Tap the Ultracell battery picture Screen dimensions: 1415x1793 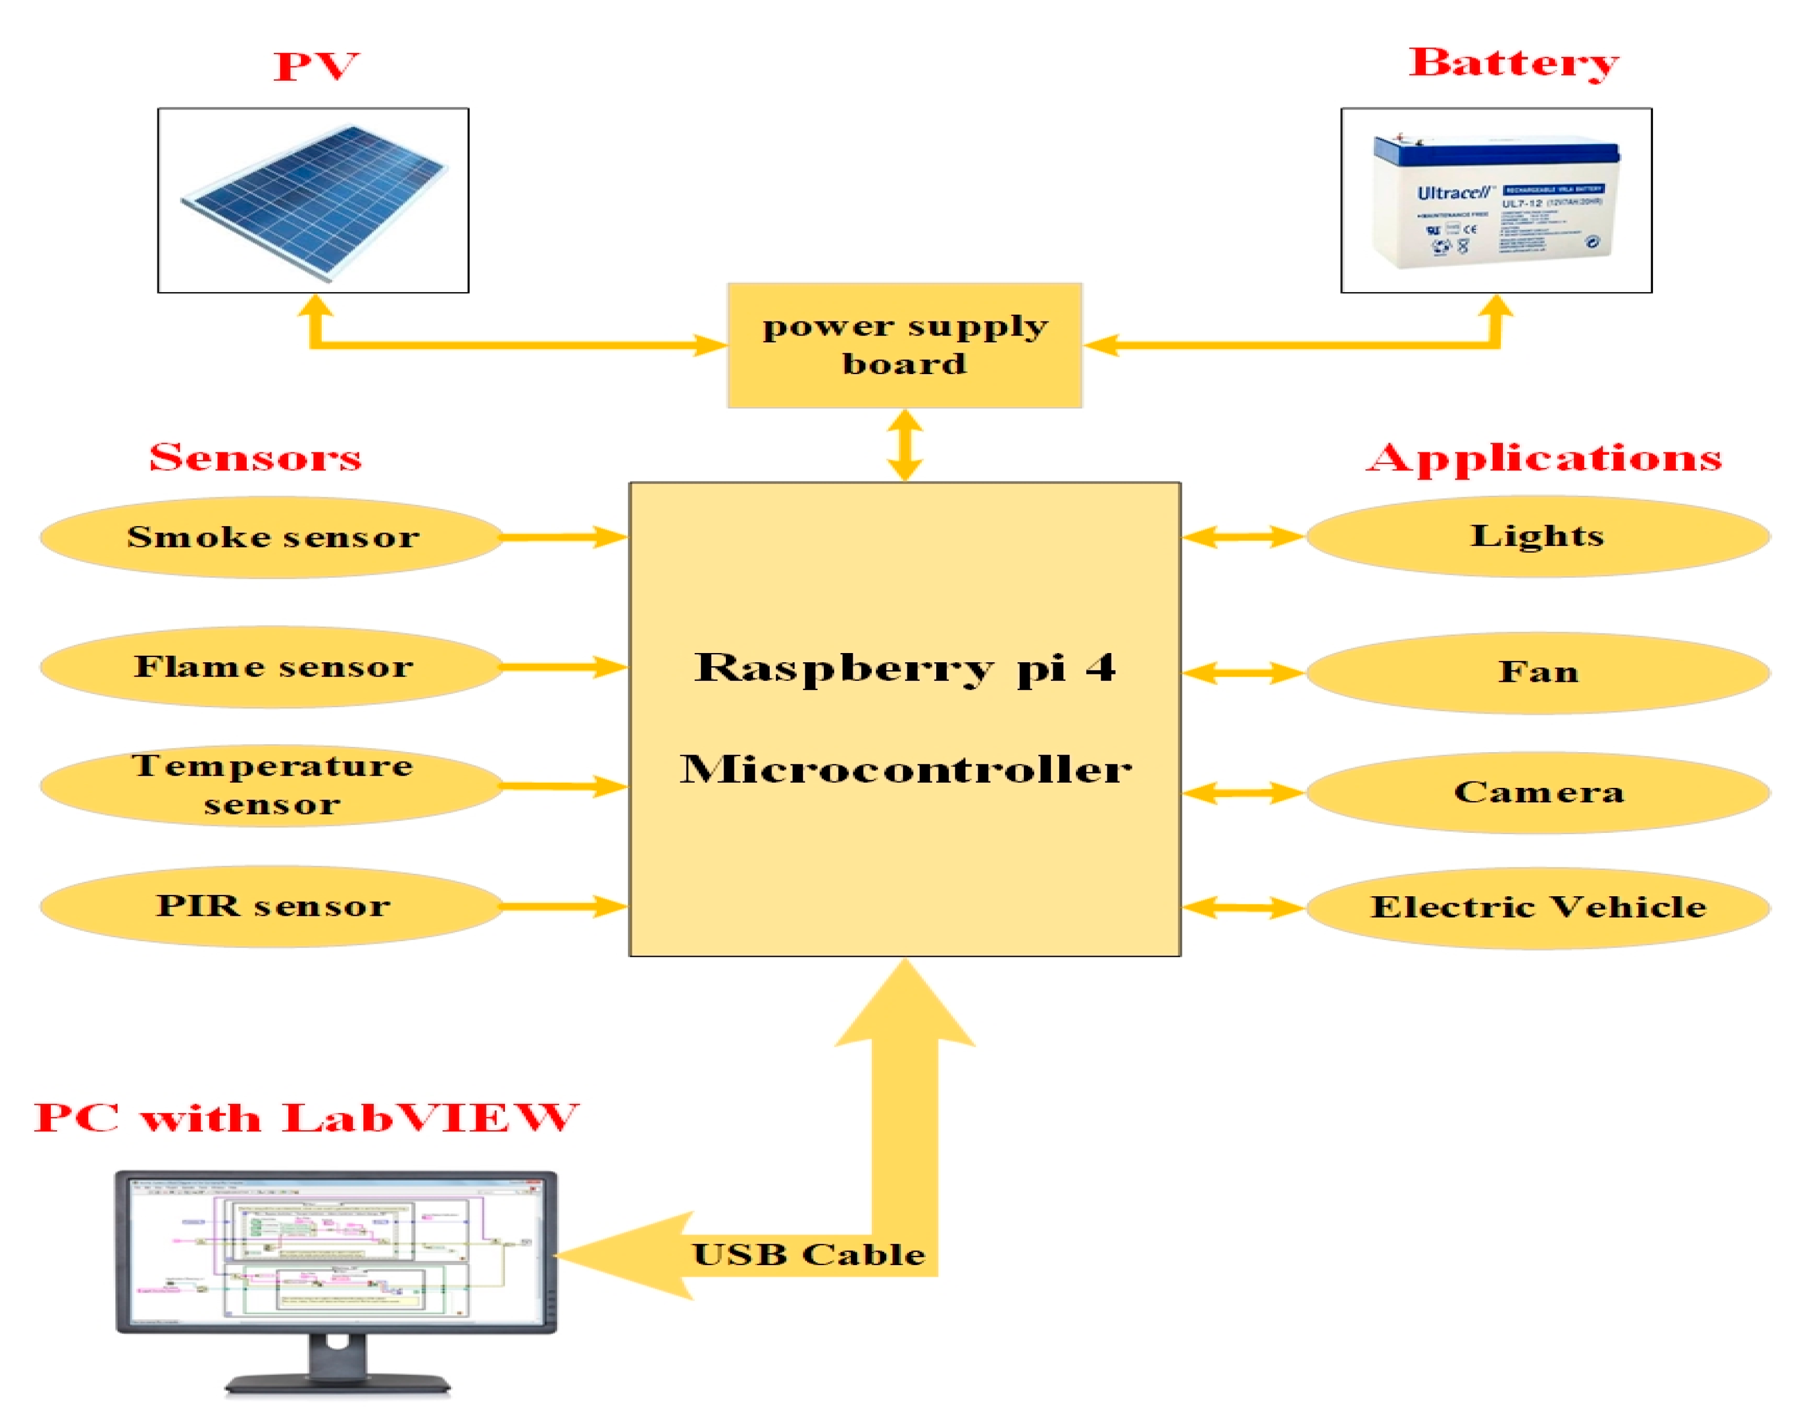tap(1496, 201)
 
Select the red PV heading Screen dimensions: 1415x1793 tap(316, 66)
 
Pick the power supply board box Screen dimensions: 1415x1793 tap(905, 345)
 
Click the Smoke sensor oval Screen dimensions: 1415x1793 tap(272, 537)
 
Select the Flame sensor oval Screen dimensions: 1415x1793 tap(272, 666)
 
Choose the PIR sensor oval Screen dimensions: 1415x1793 tap(272, 905)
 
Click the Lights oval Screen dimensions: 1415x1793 tap(1537, 536)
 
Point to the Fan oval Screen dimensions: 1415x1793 tap(1538, 672)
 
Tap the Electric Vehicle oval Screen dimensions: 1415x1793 tap(1538, 907)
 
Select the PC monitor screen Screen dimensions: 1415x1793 tap(336, 1251)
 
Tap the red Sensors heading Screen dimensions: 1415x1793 tap(255, 457)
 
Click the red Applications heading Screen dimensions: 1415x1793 tap(1543, 457)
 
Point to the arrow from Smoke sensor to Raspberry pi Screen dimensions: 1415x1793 tap(563, 537)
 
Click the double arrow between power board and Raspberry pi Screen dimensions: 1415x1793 tap(905, 445)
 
